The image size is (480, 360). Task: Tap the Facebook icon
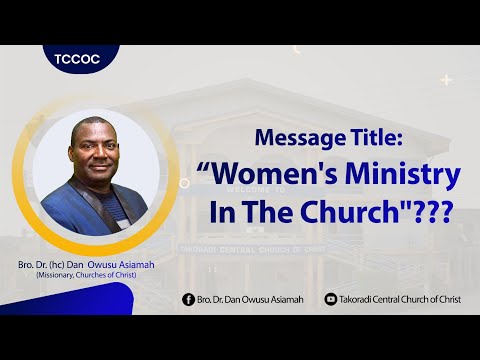click(x=188, y=299)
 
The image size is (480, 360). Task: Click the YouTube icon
click(x=331, y=299)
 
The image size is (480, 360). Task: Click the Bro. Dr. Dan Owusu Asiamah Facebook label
click(x=253, y=299)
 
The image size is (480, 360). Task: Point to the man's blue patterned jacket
click(x=90, y=205)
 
